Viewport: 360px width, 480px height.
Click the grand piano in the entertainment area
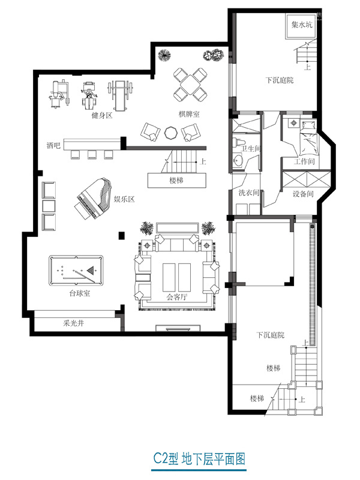94,199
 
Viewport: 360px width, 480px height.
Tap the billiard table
76,271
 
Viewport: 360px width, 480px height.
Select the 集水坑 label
302,25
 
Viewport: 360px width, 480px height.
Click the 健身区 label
102,115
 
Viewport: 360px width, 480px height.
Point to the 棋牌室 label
189,114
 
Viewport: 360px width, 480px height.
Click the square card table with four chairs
190,85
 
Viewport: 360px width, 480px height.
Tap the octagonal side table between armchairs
170,133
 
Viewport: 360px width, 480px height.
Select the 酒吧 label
53,145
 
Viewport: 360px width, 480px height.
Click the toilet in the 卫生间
239,143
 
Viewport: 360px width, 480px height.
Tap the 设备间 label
303,194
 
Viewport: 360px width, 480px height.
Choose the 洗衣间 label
248,193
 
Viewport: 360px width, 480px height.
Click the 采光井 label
73,323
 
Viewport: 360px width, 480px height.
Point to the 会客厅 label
176,296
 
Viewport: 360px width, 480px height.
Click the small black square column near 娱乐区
122,235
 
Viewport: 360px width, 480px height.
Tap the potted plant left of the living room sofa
147,228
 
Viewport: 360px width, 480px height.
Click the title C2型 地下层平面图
199,459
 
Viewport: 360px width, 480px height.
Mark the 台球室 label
80,293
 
